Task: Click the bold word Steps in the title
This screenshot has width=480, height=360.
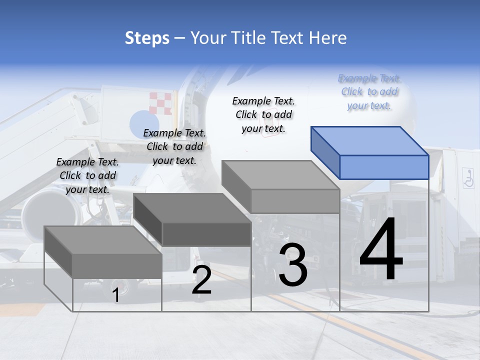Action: tap(147, 38)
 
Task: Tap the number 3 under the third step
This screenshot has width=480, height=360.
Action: tap(293, 265)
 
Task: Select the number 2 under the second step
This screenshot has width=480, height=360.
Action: tap(201, 280)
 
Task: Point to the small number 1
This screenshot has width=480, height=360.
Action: tap(115, 295)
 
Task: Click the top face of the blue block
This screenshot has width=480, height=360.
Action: tap(369, 140)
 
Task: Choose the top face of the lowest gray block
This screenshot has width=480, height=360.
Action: tap(102, 240)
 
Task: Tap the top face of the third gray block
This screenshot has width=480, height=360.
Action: tap(280, 175)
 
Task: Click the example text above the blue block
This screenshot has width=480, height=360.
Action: tap(369, 92)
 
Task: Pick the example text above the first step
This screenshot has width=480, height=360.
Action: tap(87, 175)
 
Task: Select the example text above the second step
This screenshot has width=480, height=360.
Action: tap(174, 146)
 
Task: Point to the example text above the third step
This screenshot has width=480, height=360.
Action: tap(263, 114)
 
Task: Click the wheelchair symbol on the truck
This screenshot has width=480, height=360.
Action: tap(468, 178)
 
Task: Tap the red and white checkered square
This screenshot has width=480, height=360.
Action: tap(160, 103)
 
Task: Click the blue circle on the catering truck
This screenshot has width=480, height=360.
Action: tap(144, 123)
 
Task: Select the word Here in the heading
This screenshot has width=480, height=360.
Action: tap(328, 38)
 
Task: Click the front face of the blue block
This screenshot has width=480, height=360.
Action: tap(384, 167)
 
